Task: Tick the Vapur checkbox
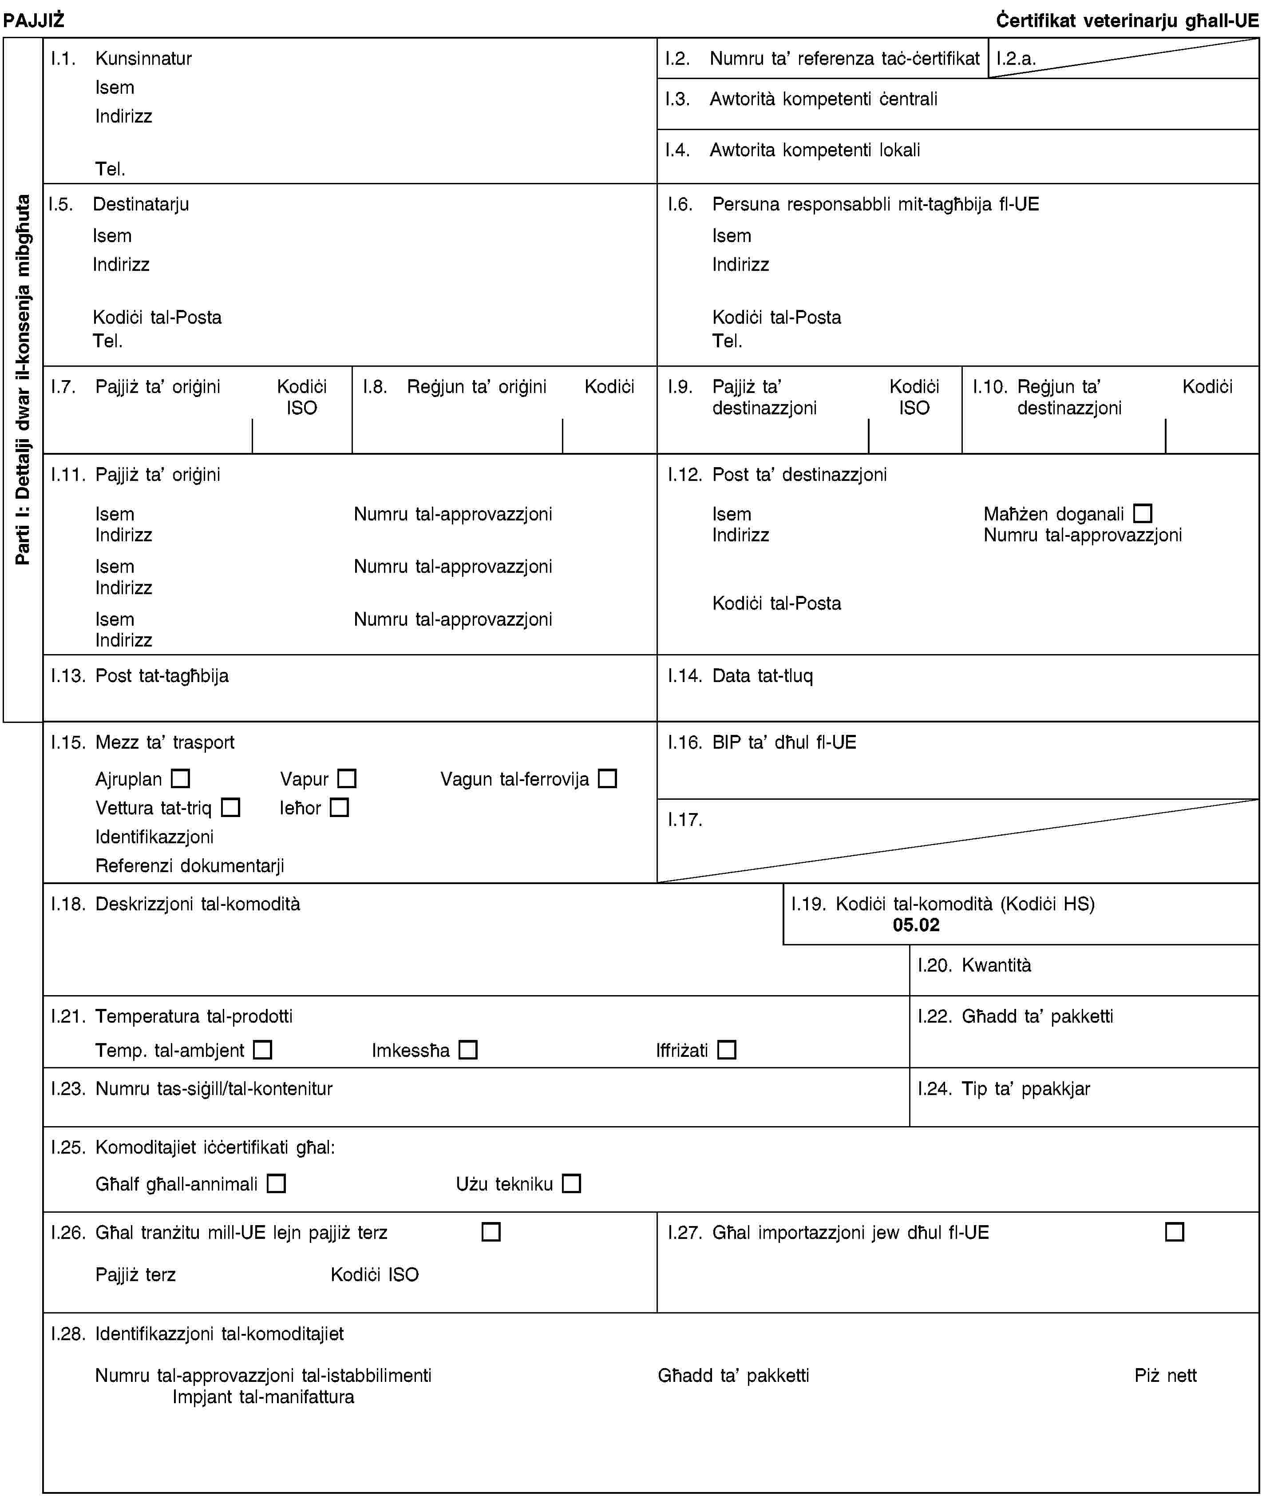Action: [x=347, y=778]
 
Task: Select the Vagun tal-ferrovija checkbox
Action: [x=608, y=778]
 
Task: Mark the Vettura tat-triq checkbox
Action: [x=230, y=807]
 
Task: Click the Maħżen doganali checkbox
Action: [x=1143, y=513]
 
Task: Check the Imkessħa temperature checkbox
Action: [x=468, y=1050]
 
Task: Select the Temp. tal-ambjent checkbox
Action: [x=263, y=1050]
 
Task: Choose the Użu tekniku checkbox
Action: [x=572, y=1183]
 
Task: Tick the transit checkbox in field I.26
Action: [x=491, y=1232]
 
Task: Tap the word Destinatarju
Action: [x=141, y=204]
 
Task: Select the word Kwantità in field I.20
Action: [x=997, y=965]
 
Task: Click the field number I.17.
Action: [x=684, y=819]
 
